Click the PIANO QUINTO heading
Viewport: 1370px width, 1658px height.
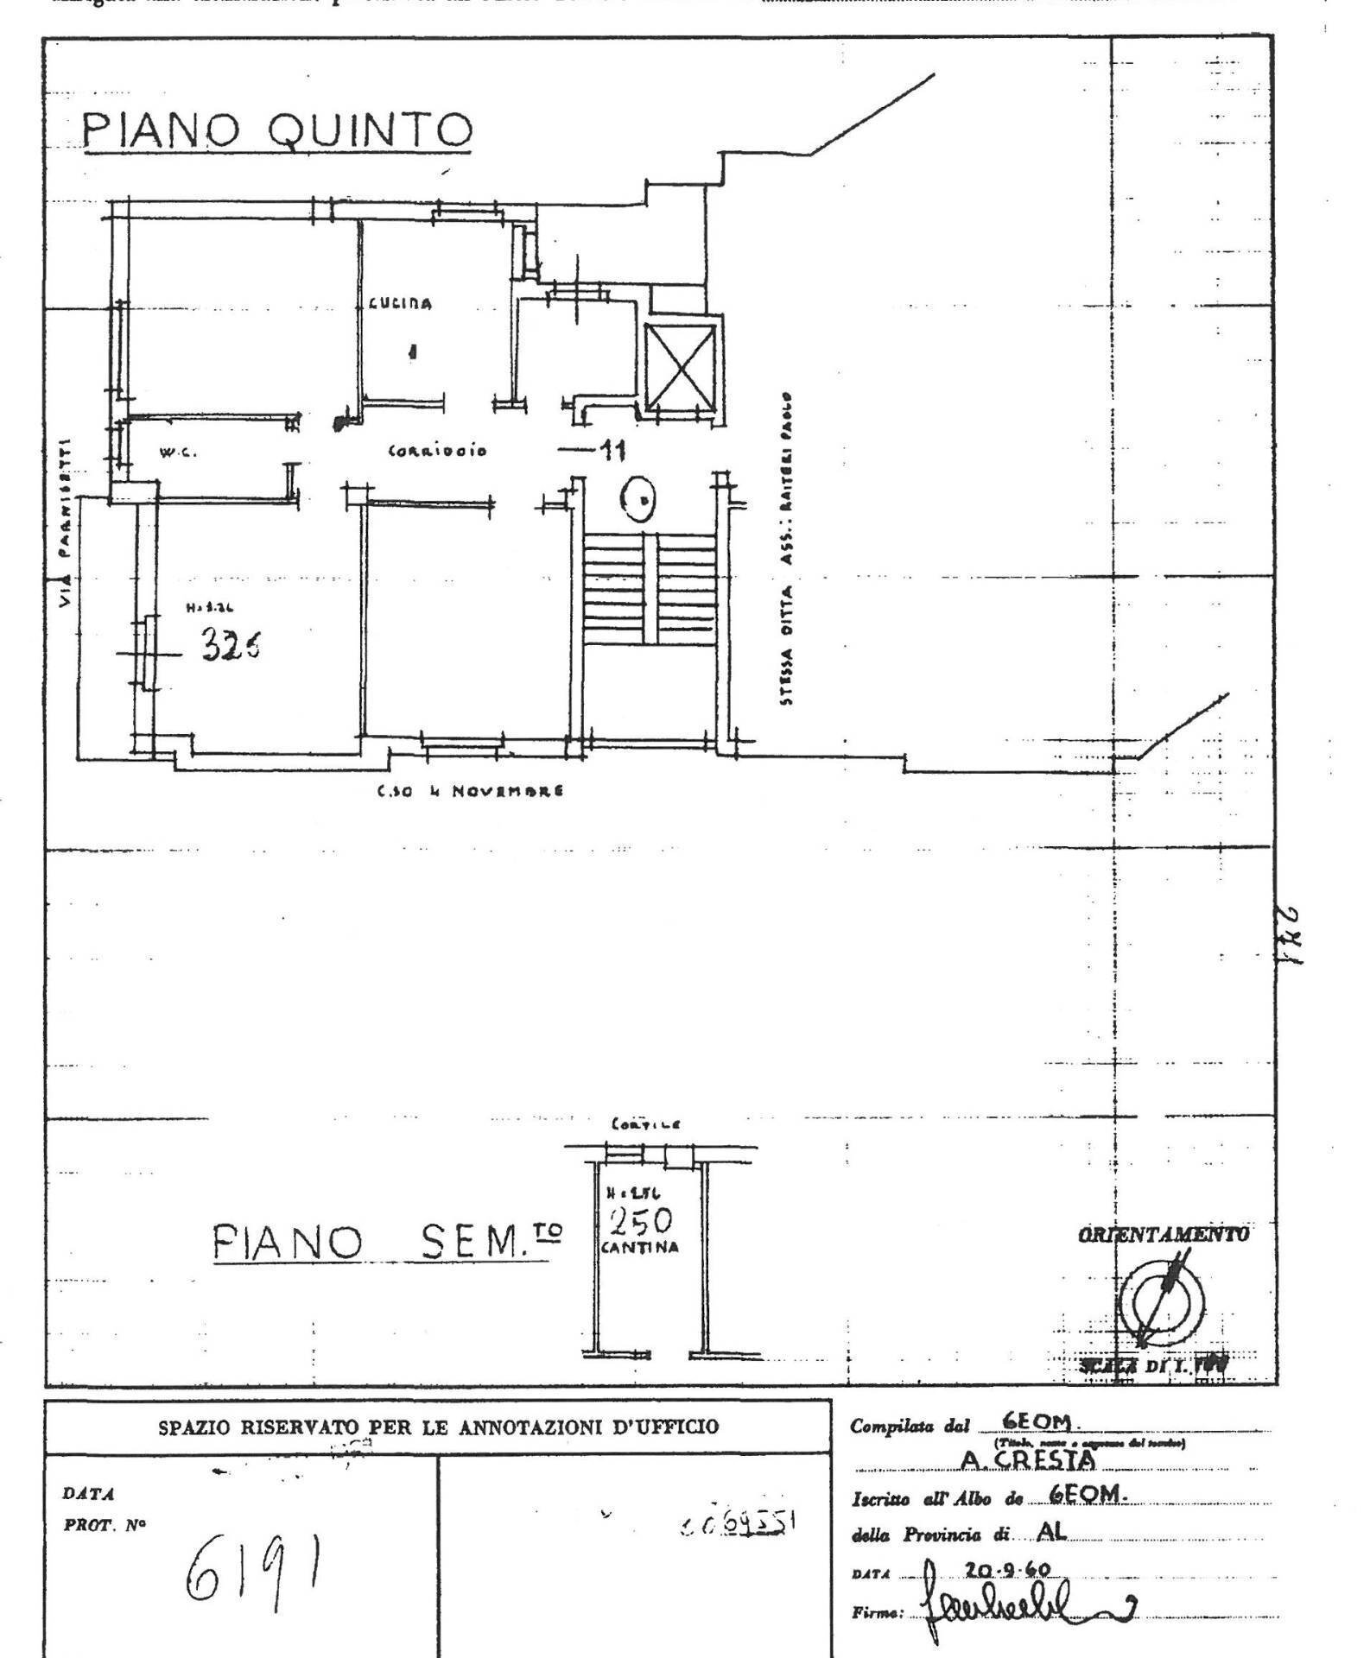coord(276,132)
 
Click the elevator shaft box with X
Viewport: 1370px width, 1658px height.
coord(682,366)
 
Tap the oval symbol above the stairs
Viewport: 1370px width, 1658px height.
coord(640,499)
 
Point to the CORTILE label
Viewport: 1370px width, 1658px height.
coord(645,1124)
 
